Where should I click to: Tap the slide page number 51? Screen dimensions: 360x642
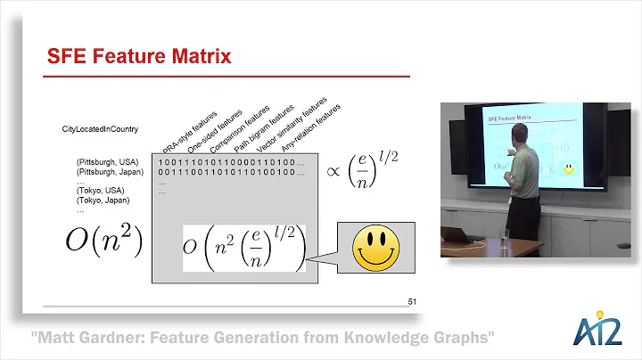[412, 303]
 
